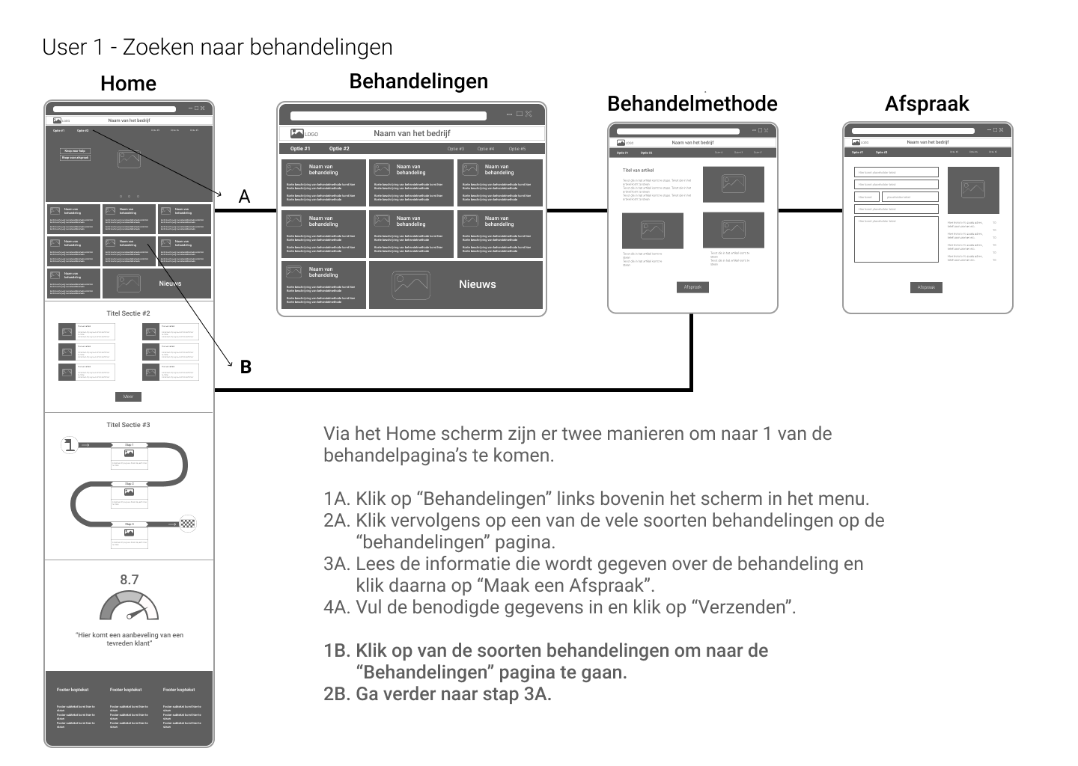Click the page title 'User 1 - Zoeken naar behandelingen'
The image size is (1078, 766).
coord(217,47)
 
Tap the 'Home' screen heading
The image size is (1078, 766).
coord(128,84)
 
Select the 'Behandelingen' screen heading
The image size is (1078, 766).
coord(418,82)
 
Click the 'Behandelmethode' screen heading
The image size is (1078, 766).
coord(692,104)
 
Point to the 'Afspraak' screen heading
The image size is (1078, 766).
coord(927,104)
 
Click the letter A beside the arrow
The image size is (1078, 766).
coord(244,197)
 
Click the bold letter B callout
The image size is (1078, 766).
coord(246,367)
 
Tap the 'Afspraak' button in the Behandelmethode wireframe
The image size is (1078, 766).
coord(692,287)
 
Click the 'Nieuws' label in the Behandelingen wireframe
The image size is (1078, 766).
coord(478,284)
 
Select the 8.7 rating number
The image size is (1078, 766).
coord(130,580)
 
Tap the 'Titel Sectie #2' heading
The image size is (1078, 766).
coord(128,313)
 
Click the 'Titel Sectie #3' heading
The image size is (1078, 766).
coord(128,425)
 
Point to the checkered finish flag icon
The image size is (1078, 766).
coord(188,524)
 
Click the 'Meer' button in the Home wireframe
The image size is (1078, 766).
coord(128,396)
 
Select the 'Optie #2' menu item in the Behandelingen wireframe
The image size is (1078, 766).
coord(339,149)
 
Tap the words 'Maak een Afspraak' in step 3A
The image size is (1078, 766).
coord(569,585)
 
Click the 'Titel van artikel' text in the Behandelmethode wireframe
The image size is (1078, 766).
coord(638,171)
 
